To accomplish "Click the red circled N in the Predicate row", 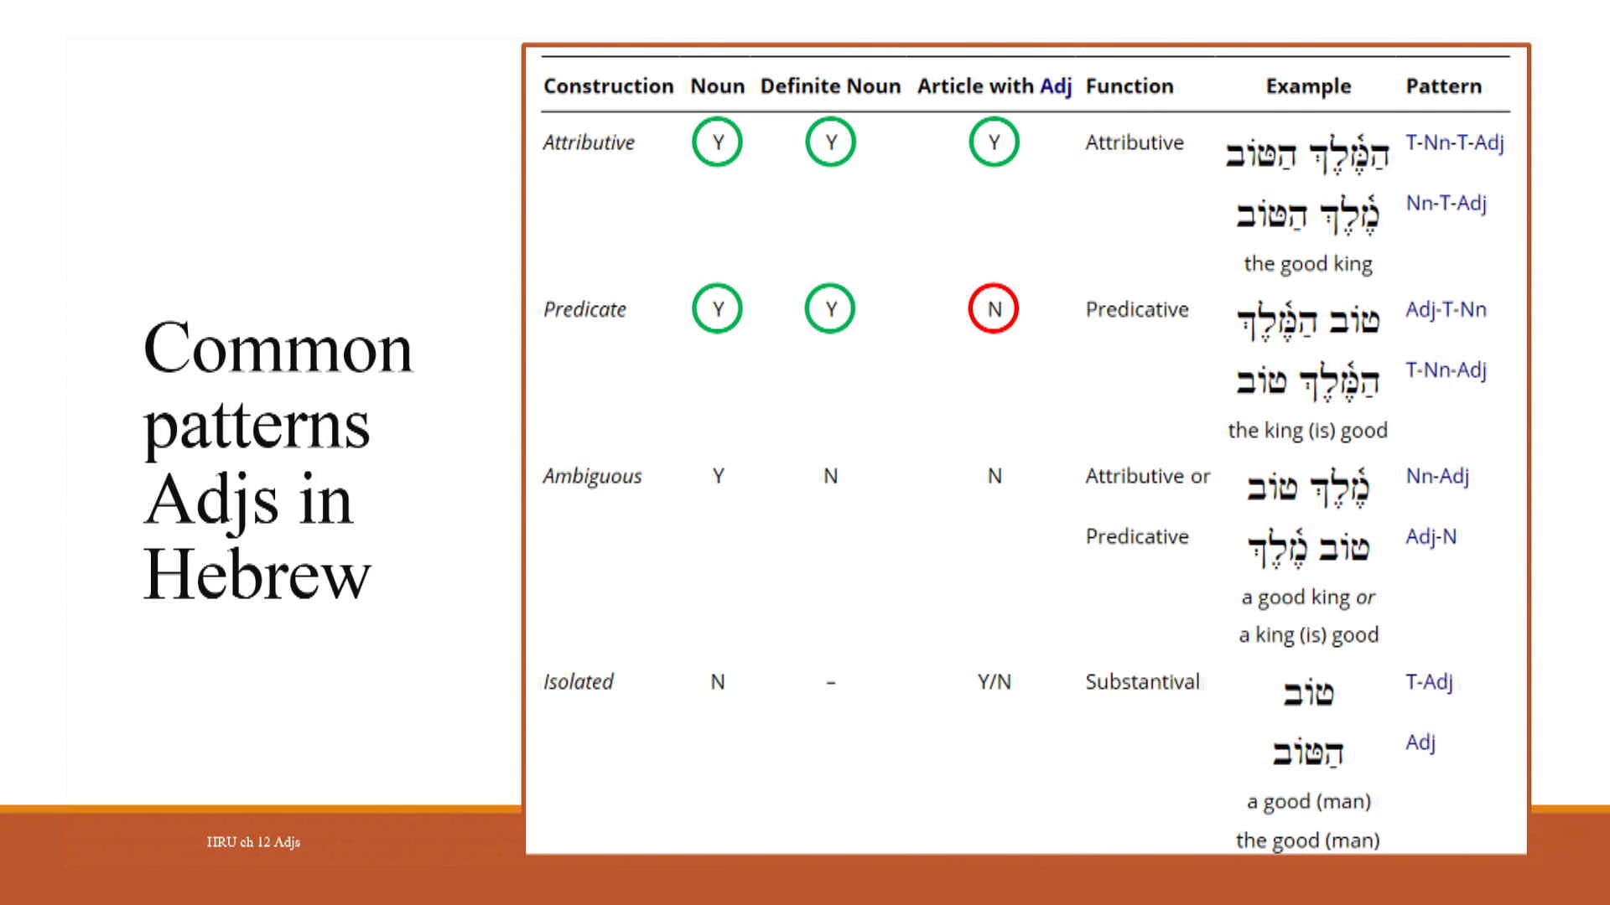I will point(994,309).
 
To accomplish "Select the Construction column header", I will point(608,86).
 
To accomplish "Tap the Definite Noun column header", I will point(830,86).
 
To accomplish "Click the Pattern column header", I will point(1443,86).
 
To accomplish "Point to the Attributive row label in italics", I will point(589,143).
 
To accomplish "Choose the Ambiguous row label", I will point(592,477).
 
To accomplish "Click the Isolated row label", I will point(578,682).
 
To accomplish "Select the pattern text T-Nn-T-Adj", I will point(1455,143).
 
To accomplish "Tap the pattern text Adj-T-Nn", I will point(1446,310).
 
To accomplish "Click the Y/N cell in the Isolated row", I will point(994,682).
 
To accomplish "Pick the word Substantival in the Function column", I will point(1142,682).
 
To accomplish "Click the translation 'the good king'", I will point(1307,264).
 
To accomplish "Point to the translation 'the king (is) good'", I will point(1307,431).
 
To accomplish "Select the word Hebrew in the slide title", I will point(257,575).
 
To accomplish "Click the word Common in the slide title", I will point(278,349).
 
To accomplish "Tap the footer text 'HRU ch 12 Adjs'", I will point(253,842).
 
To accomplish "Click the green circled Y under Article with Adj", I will point(994,142).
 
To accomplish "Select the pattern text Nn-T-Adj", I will point(1446,204).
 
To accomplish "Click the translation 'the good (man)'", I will point(1307,840).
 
